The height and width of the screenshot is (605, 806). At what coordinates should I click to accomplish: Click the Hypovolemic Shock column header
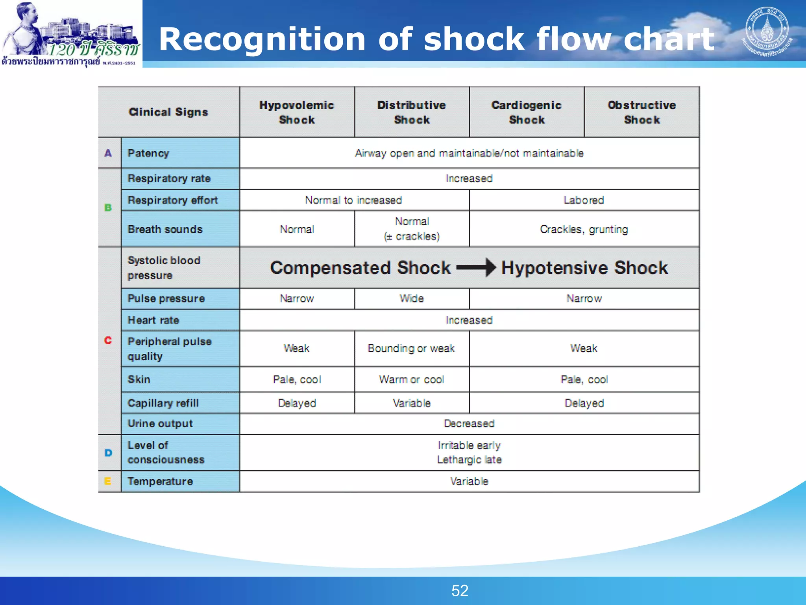tap(297, 112)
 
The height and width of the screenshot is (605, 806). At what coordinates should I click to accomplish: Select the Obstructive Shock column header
tap(642, 112)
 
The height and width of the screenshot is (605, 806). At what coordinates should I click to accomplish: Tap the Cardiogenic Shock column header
tap(527, 112)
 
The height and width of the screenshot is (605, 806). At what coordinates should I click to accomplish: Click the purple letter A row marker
tap(108, 153)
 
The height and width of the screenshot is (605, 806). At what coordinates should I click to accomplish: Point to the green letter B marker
tap(108, 208)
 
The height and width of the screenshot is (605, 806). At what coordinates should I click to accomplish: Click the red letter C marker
tap(108, 340)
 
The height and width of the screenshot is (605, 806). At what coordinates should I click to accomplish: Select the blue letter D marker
tap(109, 453)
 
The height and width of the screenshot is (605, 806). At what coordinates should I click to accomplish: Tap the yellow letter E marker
tap(108, 481)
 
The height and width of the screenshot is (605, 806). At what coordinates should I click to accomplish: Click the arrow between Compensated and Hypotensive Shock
tap(476, 268)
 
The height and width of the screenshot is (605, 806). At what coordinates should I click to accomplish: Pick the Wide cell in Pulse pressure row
tap(412, 299)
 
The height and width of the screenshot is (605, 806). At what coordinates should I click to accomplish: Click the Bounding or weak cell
tap(411, 348)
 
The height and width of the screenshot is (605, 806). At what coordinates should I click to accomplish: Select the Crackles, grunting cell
tap(584, 229)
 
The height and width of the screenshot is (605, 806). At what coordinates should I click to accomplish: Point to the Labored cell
tap(584, 200)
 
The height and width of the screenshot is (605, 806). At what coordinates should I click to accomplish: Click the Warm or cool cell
tap(412, 380)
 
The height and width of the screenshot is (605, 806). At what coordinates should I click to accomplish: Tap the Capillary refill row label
tap(163, 403)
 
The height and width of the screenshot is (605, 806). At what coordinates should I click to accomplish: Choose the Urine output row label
tap(161, 424)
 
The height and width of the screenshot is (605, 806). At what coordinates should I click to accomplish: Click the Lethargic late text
tap(469, 460)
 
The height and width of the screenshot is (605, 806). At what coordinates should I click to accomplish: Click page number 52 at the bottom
tap(460, 591)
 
